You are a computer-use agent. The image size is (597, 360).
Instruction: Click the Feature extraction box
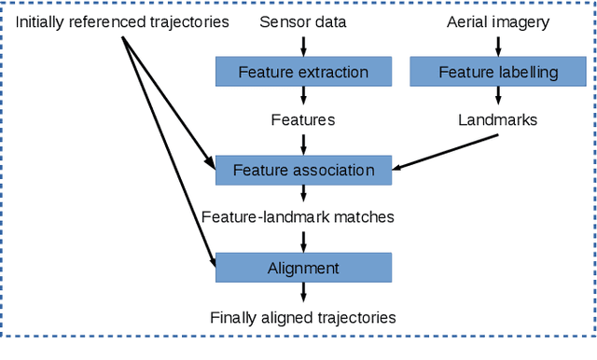303,72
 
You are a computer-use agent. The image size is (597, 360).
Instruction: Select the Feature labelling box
498,72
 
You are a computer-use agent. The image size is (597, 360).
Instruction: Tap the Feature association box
303,171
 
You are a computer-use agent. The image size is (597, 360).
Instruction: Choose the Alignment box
303,269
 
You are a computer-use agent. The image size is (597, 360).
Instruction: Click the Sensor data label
303,21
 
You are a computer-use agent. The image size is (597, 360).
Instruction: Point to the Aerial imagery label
498,21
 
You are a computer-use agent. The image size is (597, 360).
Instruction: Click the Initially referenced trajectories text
122,21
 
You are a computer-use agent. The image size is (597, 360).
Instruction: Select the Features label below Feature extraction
303,120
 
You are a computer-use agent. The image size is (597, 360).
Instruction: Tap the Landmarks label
498,120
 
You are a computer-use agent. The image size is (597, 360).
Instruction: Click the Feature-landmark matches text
298,217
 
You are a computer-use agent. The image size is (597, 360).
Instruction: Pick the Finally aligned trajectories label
303,318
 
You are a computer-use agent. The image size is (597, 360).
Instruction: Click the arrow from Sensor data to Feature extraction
303,45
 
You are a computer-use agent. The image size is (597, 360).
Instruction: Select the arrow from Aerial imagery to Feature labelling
498,45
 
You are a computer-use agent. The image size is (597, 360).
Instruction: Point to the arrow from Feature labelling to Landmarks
498,96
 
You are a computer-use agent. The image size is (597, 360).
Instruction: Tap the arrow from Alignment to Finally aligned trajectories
303,293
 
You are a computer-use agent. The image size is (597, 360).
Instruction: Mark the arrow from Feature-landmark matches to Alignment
303,242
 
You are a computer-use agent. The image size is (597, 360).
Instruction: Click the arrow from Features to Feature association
303,144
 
